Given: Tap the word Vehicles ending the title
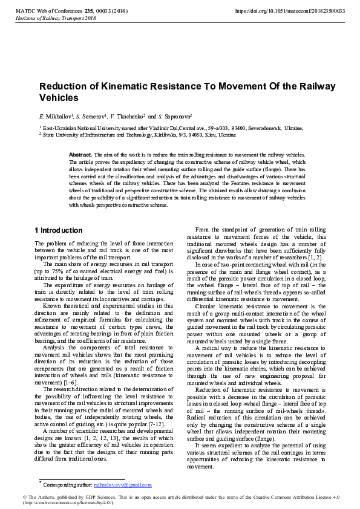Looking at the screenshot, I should pyautogui.click(x=59, y=97).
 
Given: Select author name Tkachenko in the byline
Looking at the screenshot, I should pyautogui.click(x=128, y=115).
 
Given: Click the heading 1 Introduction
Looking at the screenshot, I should pyautogui.click(x=59, y=230).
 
